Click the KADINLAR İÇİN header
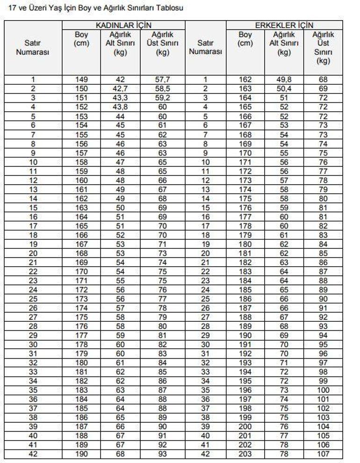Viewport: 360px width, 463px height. click(x=123, y=25)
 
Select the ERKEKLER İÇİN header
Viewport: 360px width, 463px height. click(x=284, y=25)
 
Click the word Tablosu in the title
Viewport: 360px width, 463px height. click(x=169, y=8)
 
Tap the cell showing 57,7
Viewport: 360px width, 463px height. click(x=163, y=80)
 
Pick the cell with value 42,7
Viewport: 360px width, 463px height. click(x=120, y=88)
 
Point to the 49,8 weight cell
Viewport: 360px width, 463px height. click(x=284, y=80)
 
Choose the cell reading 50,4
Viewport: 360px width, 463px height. click(x=284, y=88)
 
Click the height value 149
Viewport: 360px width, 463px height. click(x=81, y=80)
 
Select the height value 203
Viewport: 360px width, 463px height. click(x=245, y=454)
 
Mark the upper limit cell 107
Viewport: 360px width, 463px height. click(x=323, y=454)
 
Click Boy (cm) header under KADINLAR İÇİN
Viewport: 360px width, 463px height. click(x=81, y=39)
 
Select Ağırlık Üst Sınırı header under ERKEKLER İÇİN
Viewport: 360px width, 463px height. click(x=323, y=47)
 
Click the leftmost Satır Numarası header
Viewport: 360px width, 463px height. click(x=33, y=47)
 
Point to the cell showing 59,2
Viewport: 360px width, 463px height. click(x=163, y=98)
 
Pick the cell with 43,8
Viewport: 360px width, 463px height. click(x=120, y=107)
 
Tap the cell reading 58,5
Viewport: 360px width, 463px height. click(x=163, y=88)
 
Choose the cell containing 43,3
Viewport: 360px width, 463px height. click(x=120, y=98)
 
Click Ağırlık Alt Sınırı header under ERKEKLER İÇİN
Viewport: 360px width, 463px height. click(x=284, y=43)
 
